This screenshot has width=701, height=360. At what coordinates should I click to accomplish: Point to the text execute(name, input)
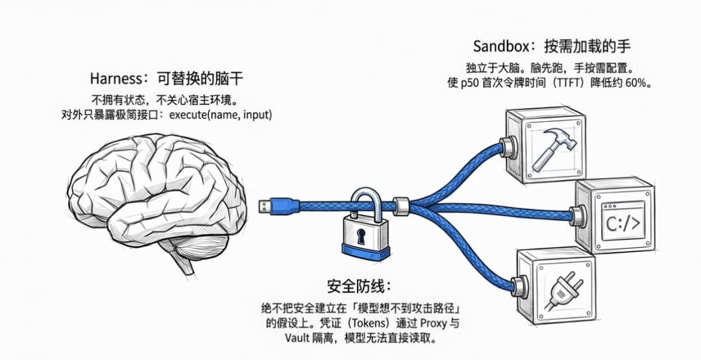(x=220, y=115)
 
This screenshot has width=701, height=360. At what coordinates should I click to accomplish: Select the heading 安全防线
(x=358, y=286)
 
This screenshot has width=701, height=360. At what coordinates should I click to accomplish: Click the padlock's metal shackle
(x=367, y=198)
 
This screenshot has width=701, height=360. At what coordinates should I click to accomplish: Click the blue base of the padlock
(x=367, y=250)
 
